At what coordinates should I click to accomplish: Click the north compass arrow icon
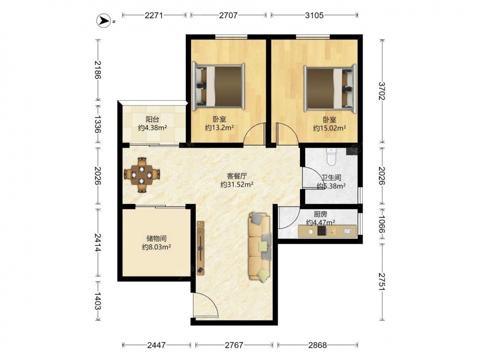(104, 21)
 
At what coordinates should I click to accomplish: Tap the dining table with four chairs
(142, 175)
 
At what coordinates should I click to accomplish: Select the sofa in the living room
(260, 246)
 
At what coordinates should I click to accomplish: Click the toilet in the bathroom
(331, 156)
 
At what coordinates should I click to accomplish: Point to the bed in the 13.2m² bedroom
(218, 86)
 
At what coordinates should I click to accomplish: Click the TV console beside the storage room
(201, 248)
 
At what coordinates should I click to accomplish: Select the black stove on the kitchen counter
(322, 231)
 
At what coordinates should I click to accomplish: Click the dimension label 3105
(314, 15)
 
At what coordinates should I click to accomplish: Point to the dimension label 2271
(154, 15)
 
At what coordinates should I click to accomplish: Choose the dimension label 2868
(317, 345)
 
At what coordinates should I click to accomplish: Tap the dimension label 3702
(382, 91)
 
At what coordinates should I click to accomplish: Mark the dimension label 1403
(97, 301)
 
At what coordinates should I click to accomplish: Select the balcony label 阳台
(152, 120)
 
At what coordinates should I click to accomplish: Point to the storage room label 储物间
(156, 239)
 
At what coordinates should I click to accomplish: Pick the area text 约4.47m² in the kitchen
(320, 223)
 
